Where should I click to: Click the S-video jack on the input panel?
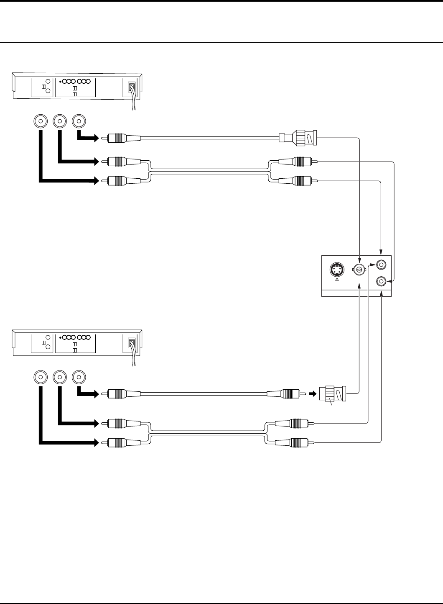337,269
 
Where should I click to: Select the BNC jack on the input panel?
358,270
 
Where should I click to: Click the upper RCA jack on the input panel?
381,265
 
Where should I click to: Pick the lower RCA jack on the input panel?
381,281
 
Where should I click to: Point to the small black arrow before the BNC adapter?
312,394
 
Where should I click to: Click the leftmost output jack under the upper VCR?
40,121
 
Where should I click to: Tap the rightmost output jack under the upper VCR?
79,121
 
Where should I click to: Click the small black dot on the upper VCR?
61,82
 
